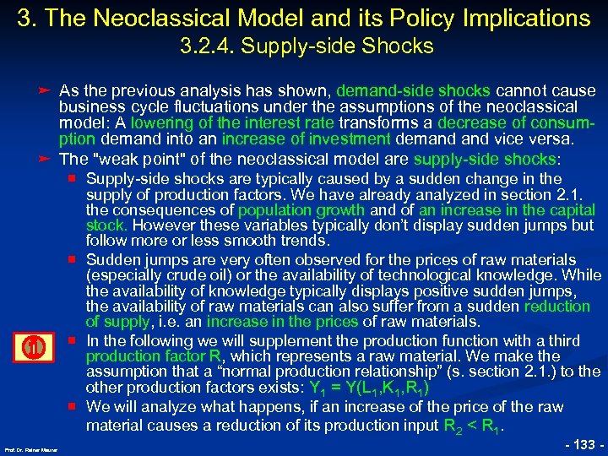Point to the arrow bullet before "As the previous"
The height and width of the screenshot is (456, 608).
coord(49,90)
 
